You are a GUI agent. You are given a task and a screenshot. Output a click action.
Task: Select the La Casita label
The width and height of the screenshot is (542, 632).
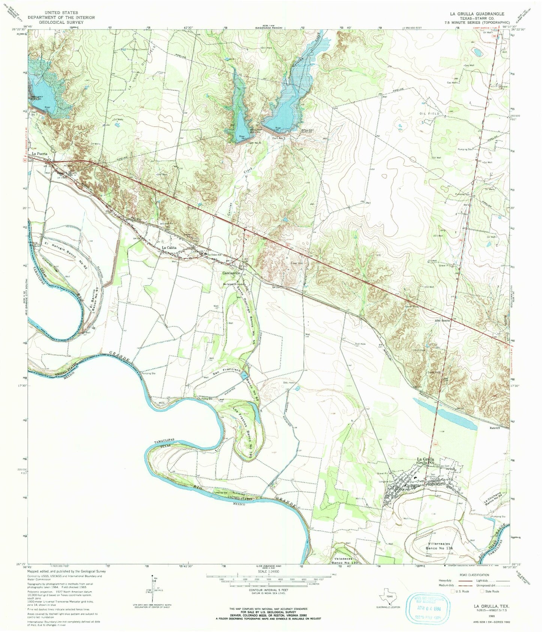(169, 248)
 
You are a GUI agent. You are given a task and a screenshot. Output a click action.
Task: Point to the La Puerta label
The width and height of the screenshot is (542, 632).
(40, 153)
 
